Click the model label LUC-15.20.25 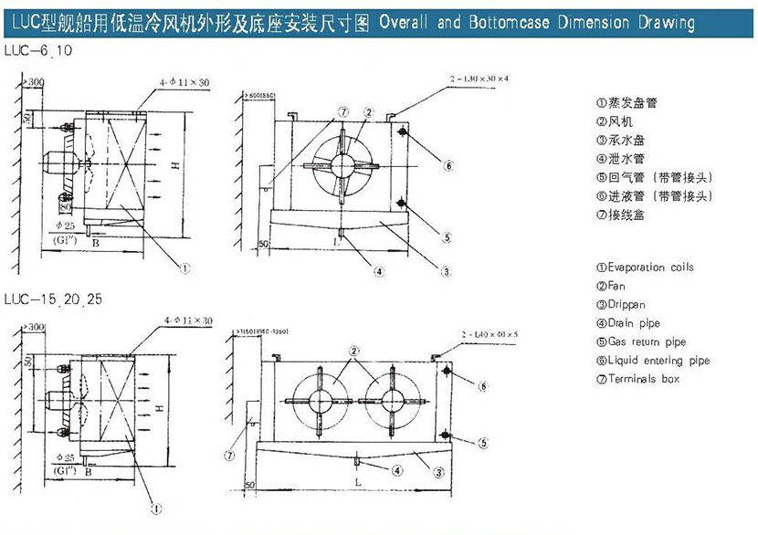click(x=51, y=299)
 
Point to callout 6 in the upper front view click(x=449, y=166)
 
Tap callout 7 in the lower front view click(x=229, y=454)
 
